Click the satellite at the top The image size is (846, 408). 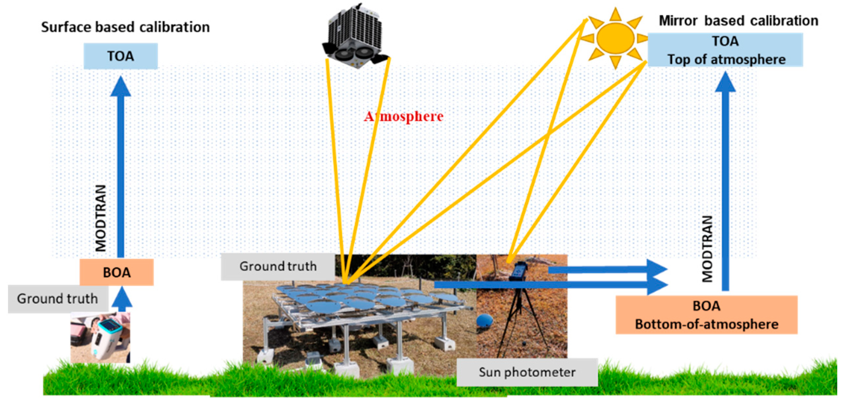355,36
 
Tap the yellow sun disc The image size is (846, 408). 615,38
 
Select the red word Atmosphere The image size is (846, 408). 404,116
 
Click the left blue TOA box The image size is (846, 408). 121,56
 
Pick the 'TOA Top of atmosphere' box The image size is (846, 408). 725,50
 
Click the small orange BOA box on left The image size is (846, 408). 117,272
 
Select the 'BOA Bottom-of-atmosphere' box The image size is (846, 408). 707,315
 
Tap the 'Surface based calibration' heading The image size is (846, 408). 125,27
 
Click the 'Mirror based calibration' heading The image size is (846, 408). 738,21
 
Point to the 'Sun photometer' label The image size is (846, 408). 527,372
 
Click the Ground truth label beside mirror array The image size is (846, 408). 278,266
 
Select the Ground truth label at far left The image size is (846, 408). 57,299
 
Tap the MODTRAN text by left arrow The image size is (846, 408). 101,218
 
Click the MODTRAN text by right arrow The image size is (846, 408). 707,249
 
